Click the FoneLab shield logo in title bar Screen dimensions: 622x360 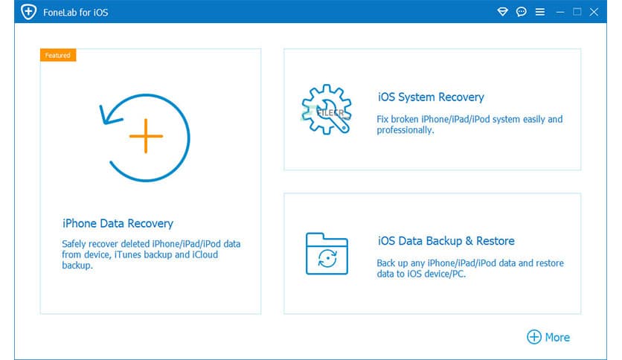28,11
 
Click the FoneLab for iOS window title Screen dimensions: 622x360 75,13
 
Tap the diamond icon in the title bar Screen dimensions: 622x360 503,11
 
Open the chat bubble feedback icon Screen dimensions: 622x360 522,11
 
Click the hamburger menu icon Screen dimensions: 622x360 540,12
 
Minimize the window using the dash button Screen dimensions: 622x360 560,13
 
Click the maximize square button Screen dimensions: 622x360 577,11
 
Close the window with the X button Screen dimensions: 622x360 594,12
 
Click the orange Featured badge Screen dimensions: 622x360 58,55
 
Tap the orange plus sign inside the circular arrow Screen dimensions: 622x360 146,136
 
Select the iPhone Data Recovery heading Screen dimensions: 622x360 118,224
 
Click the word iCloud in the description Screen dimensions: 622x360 205,254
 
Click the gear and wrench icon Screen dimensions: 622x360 327,109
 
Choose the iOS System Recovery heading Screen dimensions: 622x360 431,97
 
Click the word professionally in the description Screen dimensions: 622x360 405,130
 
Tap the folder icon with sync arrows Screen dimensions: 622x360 327,254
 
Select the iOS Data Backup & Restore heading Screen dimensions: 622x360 446,241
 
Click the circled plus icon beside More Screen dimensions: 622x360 534,337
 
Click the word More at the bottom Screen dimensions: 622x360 557,338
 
